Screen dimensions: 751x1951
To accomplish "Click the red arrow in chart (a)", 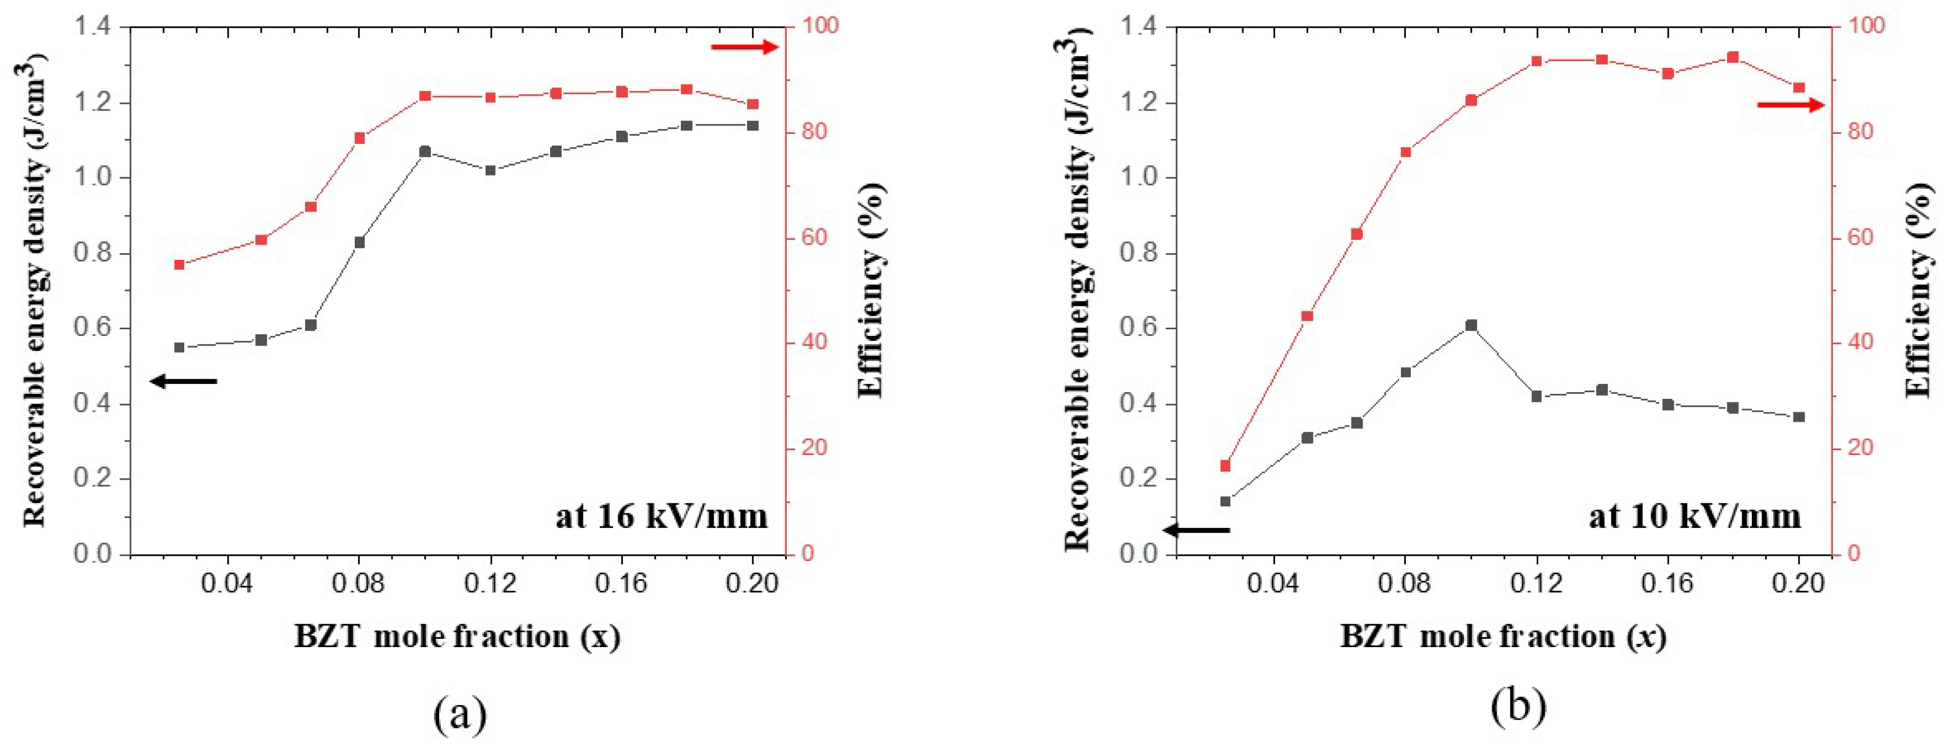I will pyautogui.click(x=744, y=47).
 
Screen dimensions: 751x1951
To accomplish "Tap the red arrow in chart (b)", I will pyautogui.click(x=1790, y=104).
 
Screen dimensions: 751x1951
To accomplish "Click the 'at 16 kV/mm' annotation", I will pyautogui.click(x=661, y=517).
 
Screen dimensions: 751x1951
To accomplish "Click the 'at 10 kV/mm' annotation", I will pyautogui.click(x=1694, y=517).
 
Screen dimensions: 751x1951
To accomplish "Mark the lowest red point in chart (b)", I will pyautogui.click(x=1225, y=465).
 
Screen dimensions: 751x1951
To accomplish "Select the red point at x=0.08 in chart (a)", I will pyautogui.click(x=360, y=138).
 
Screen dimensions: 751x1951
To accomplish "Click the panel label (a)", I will pyautogui.click(x=460, y=712).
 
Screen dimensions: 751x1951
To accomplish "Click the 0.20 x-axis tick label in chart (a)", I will pyautogui.click(x=752, y=584).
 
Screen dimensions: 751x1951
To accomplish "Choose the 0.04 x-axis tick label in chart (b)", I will pyautogui.click(x=1274, y=584).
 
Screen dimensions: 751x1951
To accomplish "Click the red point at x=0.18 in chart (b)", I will pyautogui.click(x=1733, y=57).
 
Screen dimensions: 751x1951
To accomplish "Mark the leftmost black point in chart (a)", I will pyautogui.click(x=179, y=347).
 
